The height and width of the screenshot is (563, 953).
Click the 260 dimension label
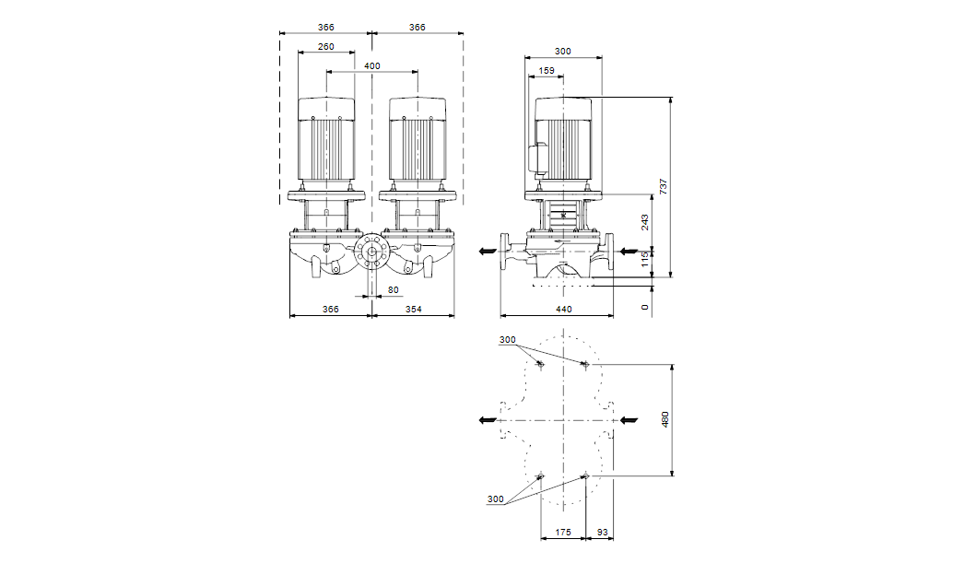click(325, 47)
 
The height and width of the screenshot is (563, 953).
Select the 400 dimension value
click(372, 66)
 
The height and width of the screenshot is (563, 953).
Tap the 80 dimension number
click(394, 290)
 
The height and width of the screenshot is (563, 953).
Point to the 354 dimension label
click(413, 309)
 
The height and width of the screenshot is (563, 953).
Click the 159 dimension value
click(547, 70)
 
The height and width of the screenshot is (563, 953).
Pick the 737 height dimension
click(663, 186)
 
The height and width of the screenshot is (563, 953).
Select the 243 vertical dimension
click(645, 222)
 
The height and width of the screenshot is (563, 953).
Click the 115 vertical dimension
click(645, 260)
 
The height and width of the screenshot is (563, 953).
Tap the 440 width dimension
click(563, 309)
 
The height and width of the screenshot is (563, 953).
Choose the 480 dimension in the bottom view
click(665, 419)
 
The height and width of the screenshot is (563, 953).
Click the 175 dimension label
click(563, 532)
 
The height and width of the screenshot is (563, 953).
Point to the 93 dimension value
click(603, 532)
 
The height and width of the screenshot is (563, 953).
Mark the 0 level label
click(645, 308)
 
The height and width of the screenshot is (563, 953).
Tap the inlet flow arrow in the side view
click(629, 251)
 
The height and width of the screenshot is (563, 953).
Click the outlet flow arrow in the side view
click(488, 251)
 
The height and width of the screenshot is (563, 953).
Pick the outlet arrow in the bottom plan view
click(488, 419)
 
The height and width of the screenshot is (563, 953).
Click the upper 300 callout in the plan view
click(508, 340)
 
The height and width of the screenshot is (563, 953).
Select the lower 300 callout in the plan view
click(495, 499)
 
